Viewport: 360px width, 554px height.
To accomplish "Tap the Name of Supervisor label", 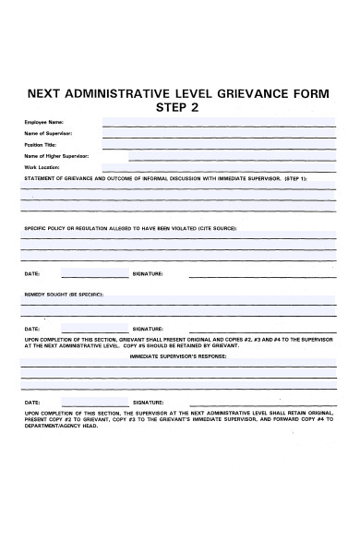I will (x=47, y=134).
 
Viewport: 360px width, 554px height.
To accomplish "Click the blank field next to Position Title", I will (x=218, y=146).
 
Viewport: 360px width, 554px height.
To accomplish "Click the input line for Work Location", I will (x=218, y=168).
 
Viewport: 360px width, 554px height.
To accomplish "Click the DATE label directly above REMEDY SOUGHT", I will (x=31, y=274).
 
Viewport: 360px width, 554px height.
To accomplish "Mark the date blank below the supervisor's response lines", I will (x=94, y=403).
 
